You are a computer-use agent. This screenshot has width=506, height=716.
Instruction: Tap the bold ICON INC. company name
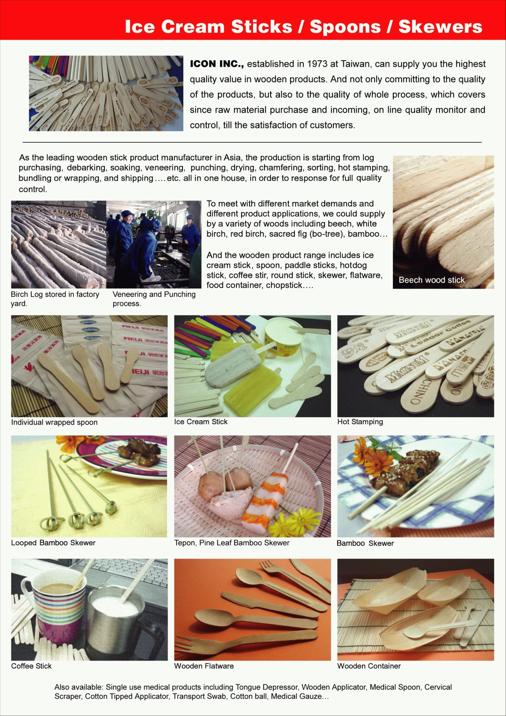(217, 64)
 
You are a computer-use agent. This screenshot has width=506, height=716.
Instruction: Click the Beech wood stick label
(431, 280)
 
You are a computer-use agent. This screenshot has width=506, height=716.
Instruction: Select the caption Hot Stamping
(360, 422)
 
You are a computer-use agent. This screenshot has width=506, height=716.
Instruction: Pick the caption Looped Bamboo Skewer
(53, 543)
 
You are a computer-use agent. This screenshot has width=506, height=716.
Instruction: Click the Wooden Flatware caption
(204, 666)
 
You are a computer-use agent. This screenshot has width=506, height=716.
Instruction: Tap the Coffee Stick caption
(31, 666)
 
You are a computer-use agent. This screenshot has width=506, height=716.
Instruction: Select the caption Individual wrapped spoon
(54, 422)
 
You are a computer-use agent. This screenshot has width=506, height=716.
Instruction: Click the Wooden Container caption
(369, 666)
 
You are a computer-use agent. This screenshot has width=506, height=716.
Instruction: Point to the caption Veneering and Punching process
(154, 299)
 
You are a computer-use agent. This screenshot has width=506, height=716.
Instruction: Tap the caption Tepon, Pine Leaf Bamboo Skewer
(232, 543)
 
